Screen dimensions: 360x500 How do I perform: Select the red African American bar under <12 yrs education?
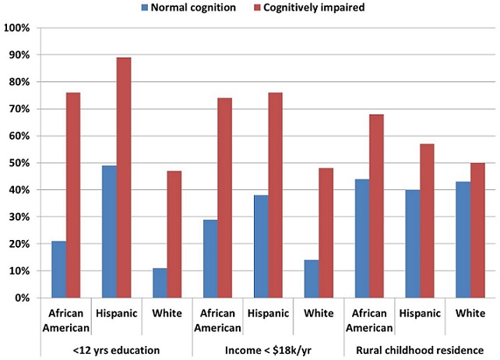point(73,195)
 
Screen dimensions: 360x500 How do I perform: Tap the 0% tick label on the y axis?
point(21,298)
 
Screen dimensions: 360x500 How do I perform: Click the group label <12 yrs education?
point(116,350)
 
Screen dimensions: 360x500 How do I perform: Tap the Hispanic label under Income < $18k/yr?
point(269,313)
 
